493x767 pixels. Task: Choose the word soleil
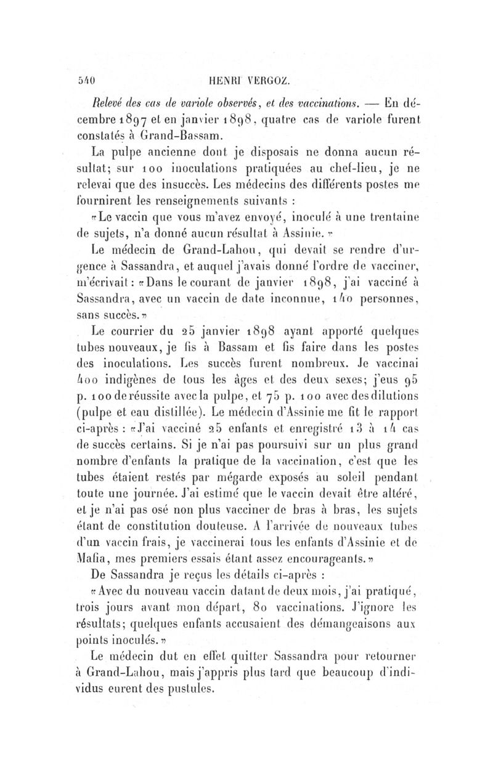[x=339, y=495]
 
